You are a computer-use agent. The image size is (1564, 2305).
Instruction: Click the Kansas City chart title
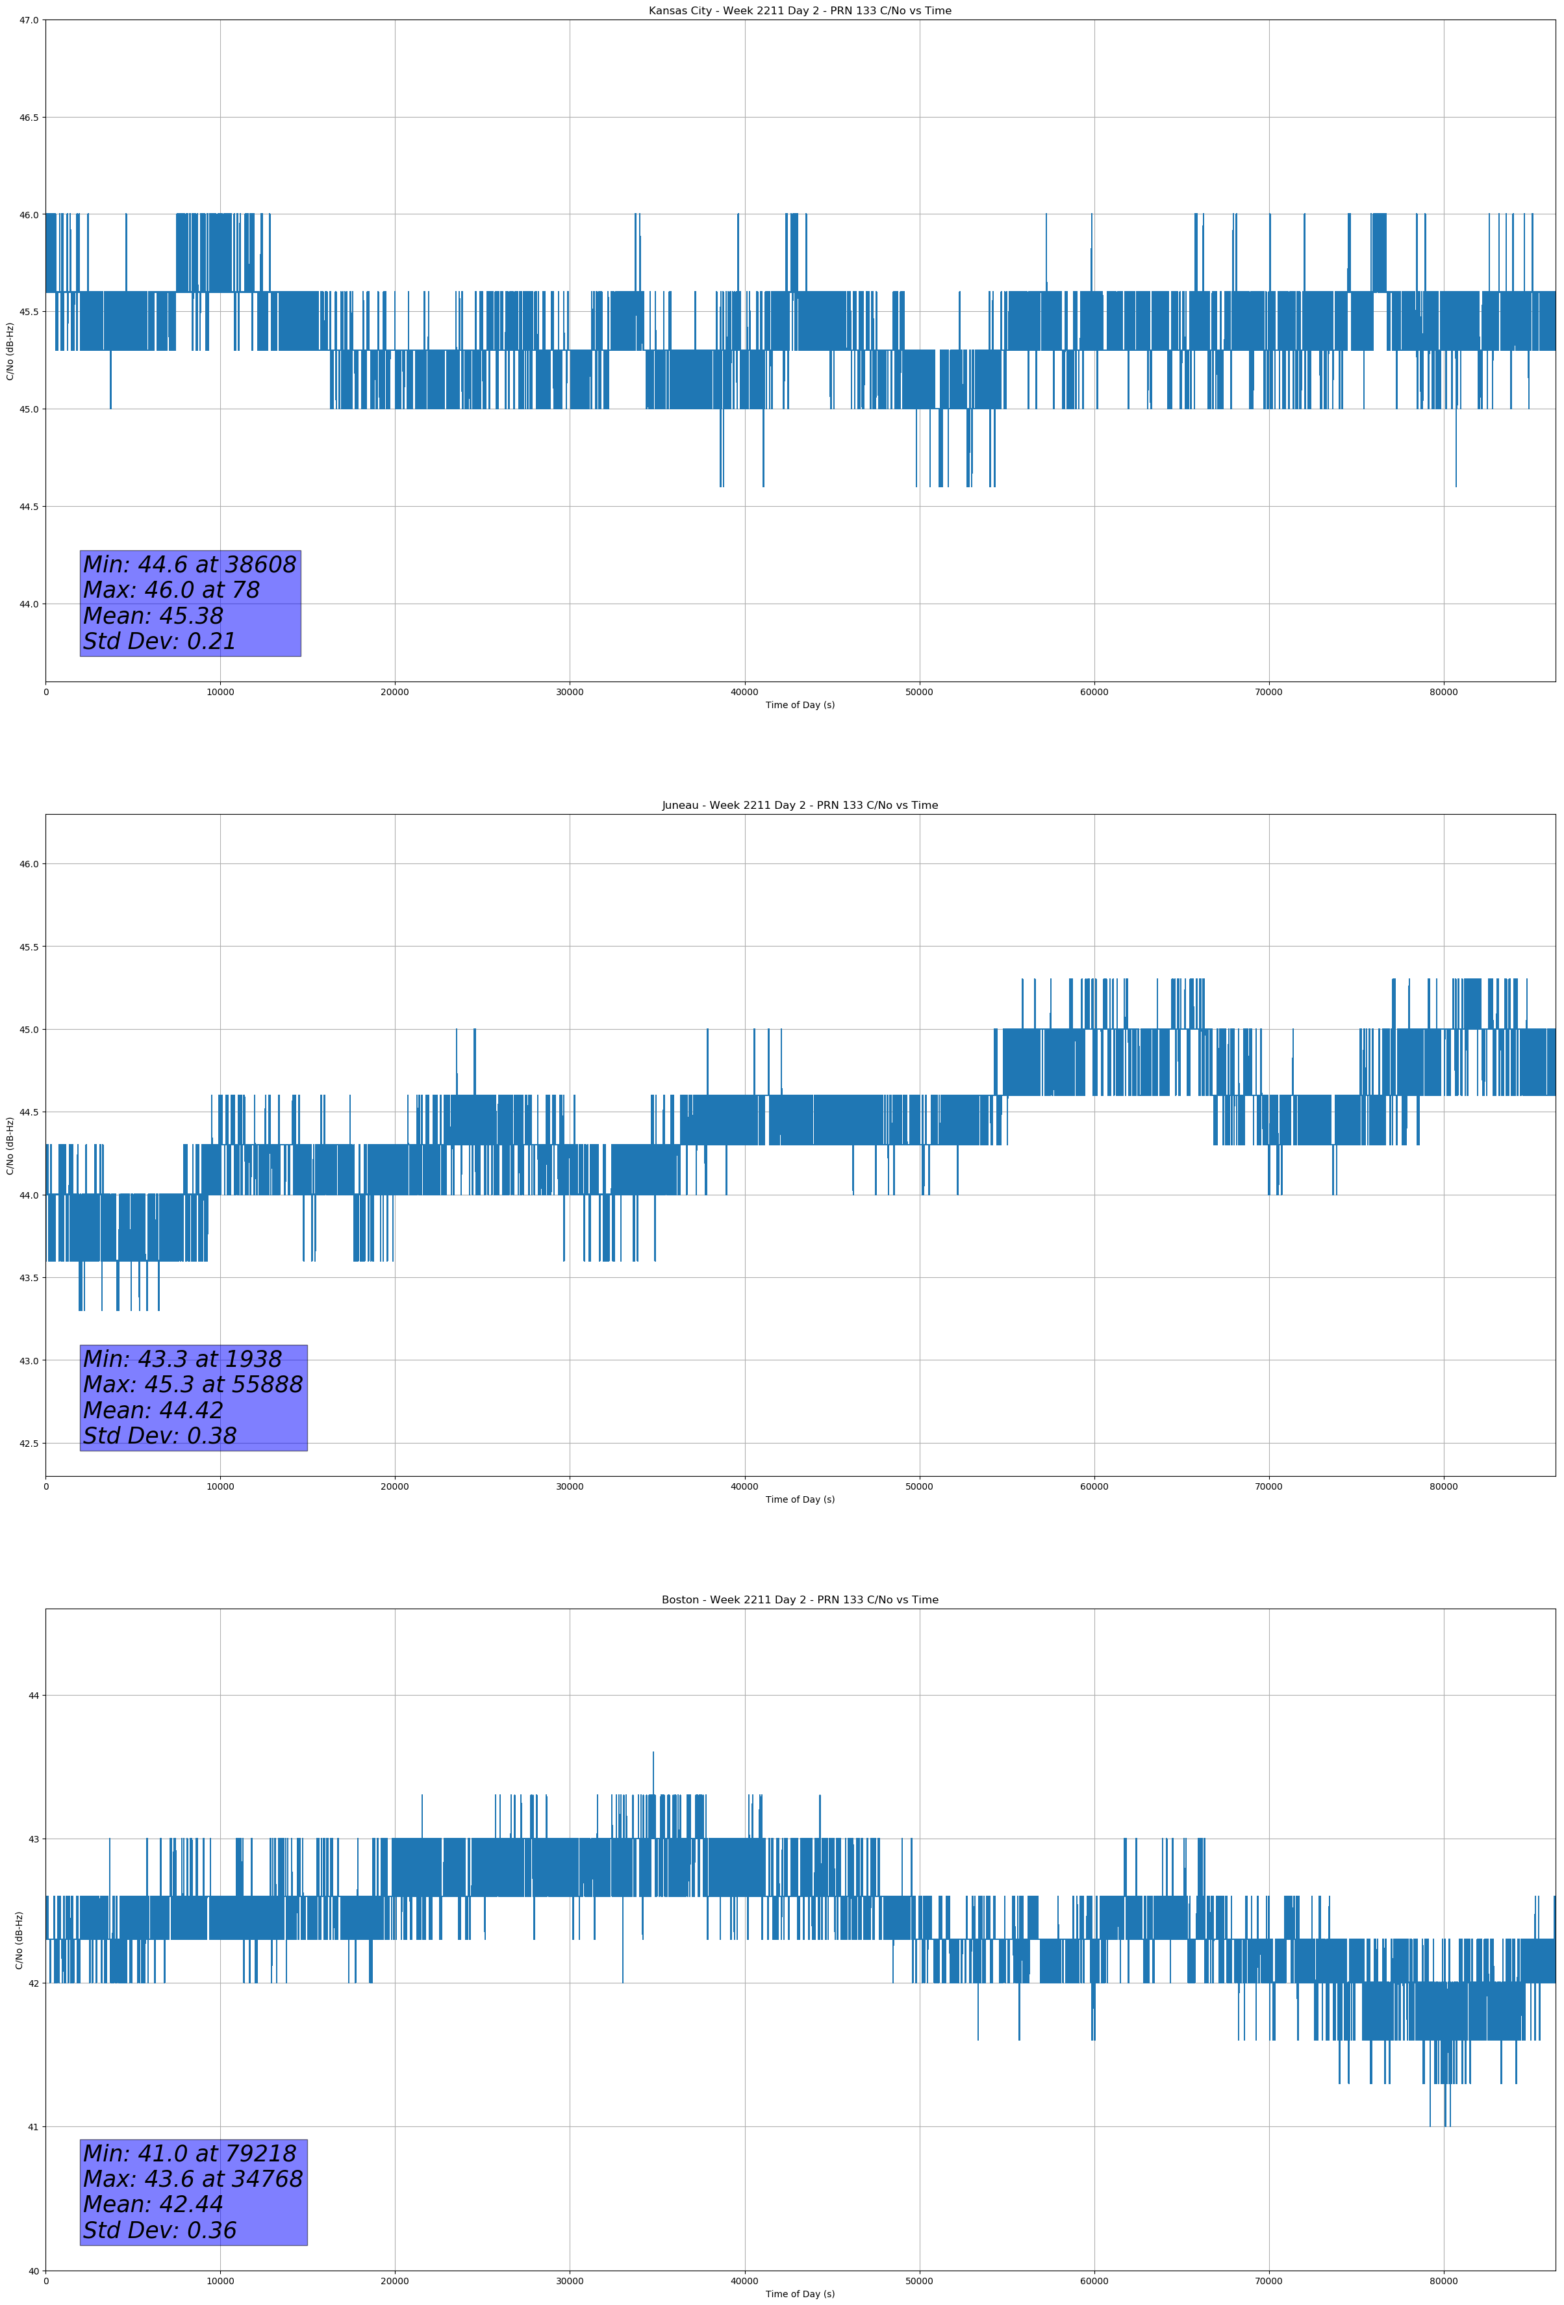click(x=800, y=11)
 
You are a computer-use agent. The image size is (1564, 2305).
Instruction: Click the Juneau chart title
click(x=800, y=806)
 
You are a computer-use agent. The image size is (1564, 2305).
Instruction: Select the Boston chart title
click(x=800, y=1600)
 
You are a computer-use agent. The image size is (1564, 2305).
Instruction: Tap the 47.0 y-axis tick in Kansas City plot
click(x=28, y=20)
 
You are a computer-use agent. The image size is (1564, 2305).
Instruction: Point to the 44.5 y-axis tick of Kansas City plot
click(x=28, y=507)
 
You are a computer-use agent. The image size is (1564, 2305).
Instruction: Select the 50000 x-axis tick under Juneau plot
click(x=918, y=1486)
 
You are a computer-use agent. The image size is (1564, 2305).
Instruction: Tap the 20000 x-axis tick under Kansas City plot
click(x=395, y=693)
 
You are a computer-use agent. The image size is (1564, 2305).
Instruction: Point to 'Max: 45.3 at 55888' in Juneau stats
click(x=192, y=1384)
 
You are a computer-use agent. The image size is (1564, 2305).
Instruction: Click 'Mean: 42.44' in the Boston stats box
click(x=153, y=2204)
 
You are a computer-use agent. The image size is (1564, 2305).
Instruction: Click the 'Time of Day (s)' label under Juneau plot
click(x=800, y=1499)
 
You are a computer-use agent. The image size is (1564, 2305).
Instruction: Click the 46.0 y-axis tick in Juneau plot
click(x=28, y=864)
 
